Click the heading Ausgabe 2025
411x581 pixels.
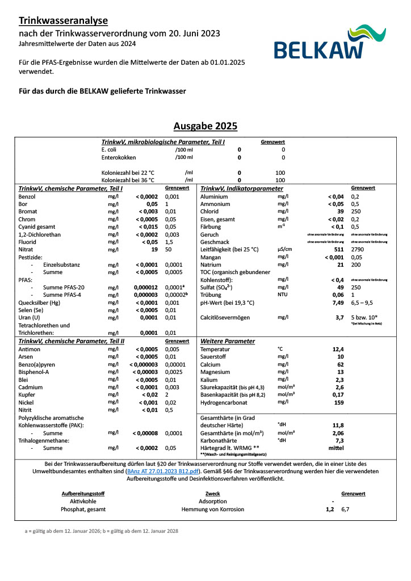tap(205, 126)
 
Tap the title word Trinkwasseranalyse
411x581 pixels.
tap(63, 21)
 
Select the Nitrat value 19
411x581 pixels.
tap(153, 249)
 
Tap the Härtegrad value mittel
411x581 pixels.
tap(337, 448)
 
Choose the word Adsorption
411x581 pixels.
tap(213, 501)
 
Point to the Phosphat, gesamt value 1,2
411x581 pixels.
tap(329, 509)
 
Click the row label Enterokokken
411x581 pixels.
tap(119, 157)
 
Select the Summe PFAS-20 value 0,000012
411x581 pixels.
tap(145, 287)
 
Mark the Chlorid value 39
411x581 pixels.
tap(340, 211)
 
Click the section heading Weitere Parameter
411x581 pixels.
tap(228, 341)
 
